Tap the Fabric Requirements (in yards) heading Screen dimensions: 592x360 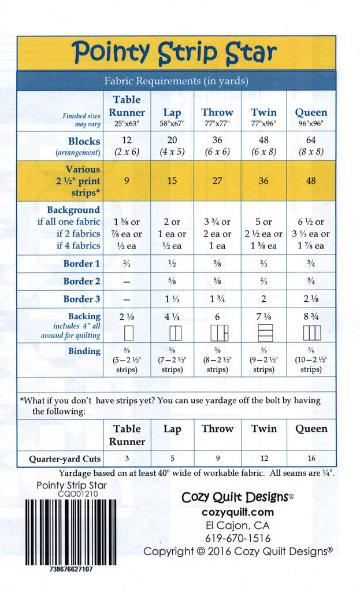[x=176, y=82]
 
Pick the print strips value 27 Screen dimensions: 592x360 [x=217, y=181]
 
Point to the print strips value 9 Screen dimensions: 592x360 [x=127, y=181]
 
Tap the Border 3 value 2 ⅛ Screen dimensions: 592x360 [x=311, y=299]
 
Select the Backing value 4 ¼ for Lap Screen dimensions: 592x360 [x=172, y=317]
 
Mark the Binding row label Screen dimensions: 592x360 [x=84, y=351]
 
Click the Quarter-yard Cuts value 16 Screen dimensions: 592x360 [x=311, y=458]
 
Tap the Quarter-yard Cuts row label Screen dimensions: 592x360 [x=65, y=459]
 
